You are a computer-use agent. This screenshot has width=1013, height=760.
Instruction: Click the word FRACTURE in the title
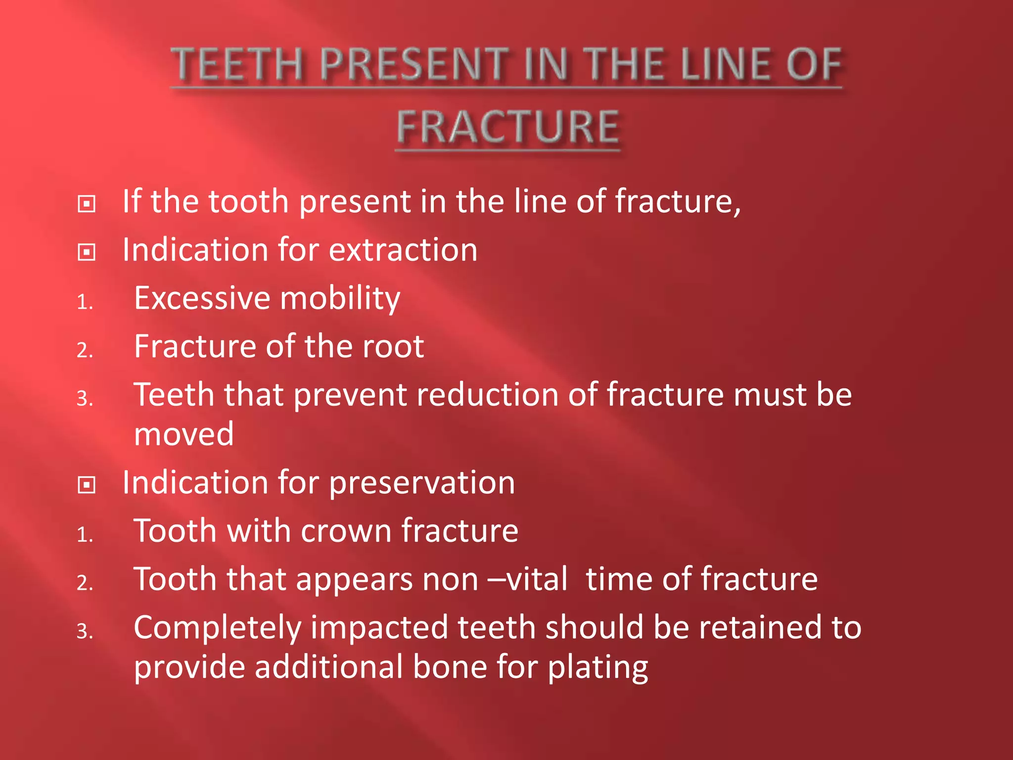(x=507, y=128)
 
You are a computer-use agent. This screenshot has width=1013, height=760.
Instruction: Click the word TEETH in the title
(x=236, y=65)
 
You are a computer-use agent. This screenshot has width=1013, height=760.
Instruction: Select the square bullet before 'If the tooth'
(x=87, y=204)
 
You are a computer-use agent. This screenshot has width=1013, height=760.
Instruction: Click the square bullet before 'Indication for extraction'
(x=87, y=252)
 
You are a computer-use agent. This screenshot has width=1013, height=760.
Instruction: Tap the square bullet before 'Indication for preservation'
(x=87, y=485)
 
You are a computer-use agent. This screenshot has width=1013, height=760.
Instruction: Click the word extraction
(x=403, y=250)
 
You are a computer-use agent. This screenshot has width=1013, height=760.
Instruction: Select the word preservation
(x=422, y=483)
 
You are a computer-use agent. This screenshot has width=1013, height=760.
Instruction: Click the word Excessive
(x=202, y=298)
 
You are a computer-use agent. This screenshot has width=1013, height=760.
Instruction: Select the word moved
(x=184, y=434)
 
